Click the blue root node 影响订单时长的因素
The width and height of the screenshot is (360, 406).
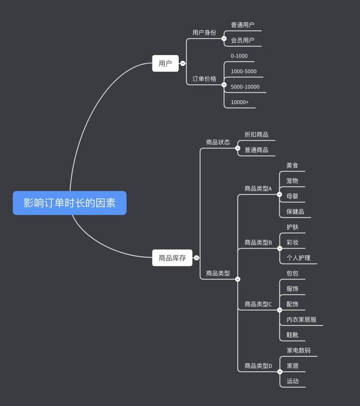(70, 203)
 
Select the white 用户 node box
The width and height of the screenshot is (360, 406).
(165, 64)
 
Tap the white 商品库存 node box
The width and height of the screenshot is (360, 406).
(172, 258)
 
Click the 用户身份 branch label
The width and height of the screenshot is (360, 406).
(204, 33)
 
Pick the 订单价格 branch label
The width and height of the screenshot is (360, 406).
(204, 79)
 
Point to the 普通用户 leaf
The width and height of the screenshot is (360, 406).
(242, 25)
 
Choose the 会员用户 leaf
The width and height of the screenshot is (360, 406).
(242, 40)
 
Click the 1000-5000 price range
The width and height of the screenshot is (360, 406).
(244, 72)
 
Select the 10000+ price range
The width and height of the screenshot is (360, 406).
(240, 102)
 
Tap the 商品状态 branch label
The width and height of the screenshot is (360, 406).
(218, 142)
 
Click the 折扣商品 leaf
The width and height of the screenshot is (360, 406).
(256, 135)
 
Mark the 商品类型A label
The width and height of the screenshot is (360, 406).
(258, 189)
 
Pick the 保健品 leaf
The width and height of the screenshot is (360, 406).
(295, 212)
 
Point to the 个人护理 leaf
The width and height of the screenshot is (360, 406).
(298, 258)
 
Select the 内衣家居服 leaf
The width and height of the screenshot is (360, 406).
(301, 319)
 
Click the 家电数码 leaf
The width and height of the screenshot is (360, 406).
(298, 350)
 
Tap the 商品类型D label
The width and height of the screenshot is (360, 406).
(258, 366)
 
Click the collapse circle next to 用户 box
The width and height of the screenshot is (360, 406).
(182, 64)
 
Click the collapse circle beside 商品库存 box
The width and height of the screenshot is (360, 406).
(196, 258)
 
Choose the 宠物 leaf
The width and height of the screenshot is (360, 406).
(292, 181)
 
